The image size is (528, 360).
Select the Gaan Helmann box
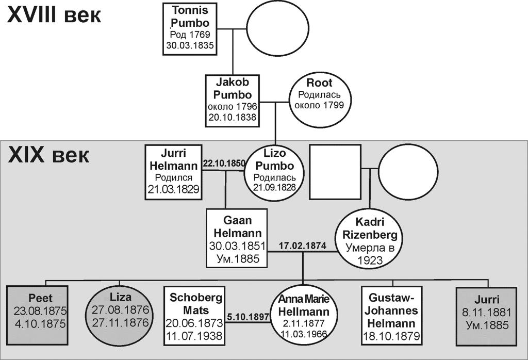pos(237,237)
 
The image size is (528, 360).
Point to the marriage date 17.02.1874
pos(302,246)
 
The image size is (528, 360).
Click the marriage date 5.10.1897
pos(249,316)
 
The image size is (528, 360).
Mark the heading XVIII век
pos(54,15)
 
